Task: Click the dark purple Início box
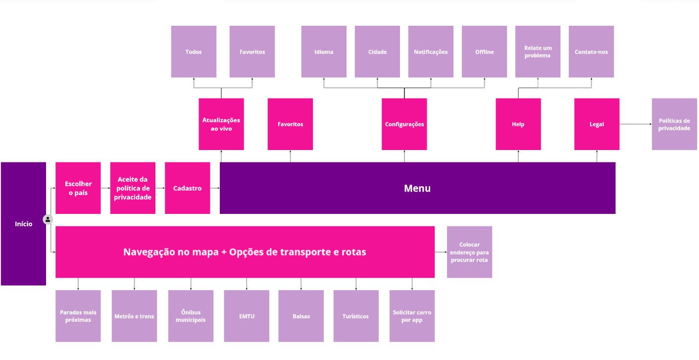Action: pos(23,224)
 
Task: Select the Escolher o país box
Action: pos(78,188)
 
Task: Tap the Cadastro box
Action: pos(187,188)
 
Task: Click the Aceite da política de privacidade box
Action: pos(133,188)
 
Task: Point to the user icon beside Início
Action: pos(48,219)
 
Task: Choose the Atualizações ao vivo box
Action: pos(221,124)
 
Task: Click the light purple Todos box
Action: pos(194,51)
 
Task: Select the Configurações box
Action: pos(404,124)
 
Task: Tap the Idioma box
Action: pos(324,51)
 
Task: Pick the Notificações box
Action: pos(431,51)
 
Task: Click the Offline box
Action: pos(484,51)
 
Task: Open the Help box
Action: pos(518,124)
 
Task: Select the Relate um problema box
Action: pos(538,51)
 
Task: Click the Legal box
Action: pos(597,124)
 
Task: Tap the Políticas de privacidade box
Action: pos(674,124)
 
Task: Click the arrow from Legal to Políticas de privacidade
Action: pos(636,124)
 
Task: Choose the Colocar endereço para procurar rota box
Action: pos(469,252)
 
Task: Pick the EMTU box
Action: pos(247,316)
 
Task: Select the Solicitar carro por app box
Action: pos(412,316)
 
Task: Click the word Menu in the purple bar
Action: pos(417,188)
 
